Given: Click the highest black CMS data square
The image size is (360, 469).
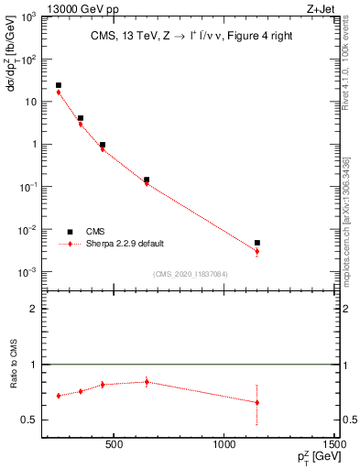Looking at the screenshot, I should coord(59,85).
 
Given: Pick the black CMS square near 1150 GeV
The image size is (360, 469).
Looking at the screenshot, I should coord(257,243).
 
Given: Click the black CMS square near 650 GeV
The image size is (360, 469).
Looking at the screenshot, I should coord(147,180).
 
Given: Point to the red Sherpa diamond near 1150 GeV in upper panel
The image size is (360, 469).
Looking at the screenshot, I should coord(257,251).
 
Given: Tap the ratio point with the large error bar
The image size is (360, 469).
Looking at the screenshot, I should coord(257,402).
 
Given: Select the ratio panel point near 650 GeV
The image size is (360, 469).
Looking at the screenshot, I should coord(147,382).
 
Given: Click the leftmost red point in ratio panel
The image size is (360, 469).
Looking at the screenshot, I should coord(59,396).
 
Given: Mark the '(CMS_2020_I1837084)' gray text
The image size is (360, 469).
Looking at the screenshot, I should coord(191,274).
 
